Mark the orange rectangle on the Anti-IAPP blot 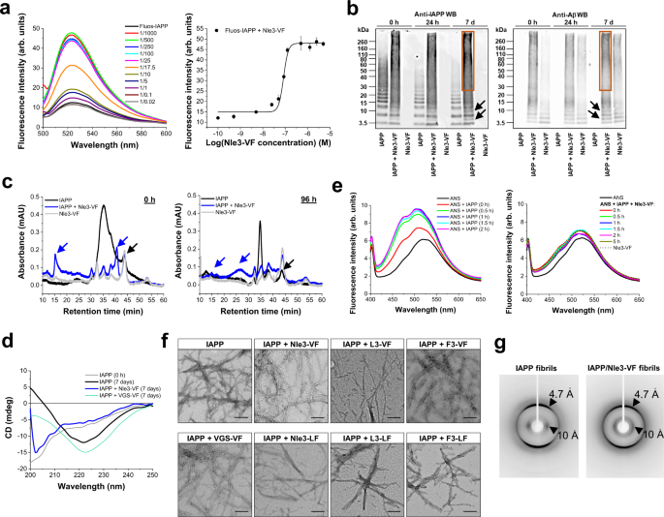point(469,56)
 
